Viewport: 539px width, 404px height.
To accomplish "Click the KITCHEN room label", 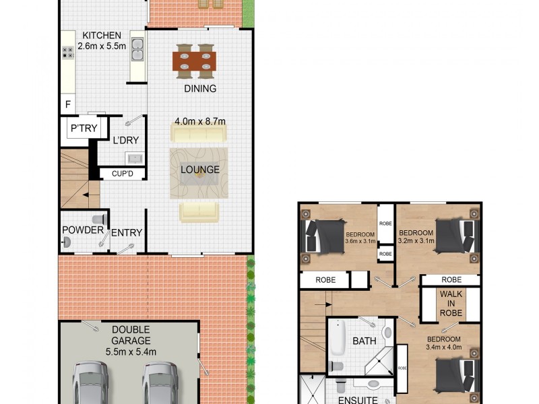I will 102,35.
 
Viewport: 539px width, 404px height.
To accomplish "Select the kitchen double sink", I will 137,48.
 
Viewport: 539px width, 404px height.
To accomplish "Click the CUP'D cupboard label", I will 121,174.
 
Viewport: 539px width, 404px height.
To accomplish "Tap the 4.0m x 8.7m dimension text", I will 199,121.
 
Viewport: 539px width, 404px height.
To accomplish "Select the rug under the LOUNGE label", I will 199,172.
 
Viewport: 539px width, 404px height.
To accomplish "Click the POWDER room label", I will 83,230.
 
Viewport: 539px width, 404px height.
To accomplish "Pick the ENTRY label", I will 127,233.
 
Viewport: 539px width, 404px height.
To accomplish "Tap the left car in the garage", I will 90,384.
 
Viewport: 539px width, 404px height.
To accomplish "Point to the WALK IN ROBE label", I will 451,304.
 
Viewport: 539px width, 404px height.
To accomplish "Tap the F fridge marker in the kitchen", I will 67,104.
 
